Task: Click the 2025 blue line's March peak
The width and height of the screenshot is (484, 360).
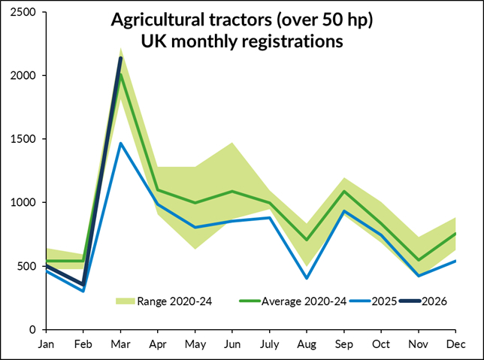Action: tap(121, 143)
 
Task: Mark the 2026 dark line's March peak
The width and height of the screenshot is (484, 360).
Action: tap(121, 58)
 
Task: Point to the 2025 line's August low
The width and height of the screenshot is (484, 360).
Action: tap(307, 278)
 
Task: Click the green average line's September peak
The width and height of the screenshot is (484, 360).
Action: tap(344, 191)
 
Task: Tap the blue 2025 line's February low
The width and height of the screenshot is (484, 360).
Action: tap(83, 291)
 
